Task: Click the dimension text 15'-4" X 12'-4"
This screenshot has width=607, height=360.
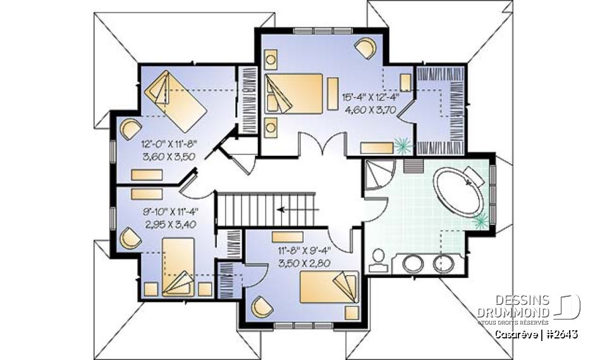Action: (x=371, y=97)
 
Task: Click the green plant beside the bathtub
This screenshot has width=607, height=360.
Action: (x=480, y=220)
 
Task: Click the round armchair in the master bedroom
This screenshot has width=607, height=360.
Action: (x=365, y=48)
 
